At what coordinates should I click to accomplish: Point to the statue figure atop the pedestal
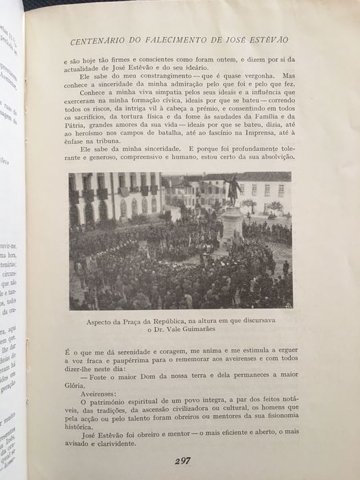[234, 191]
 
